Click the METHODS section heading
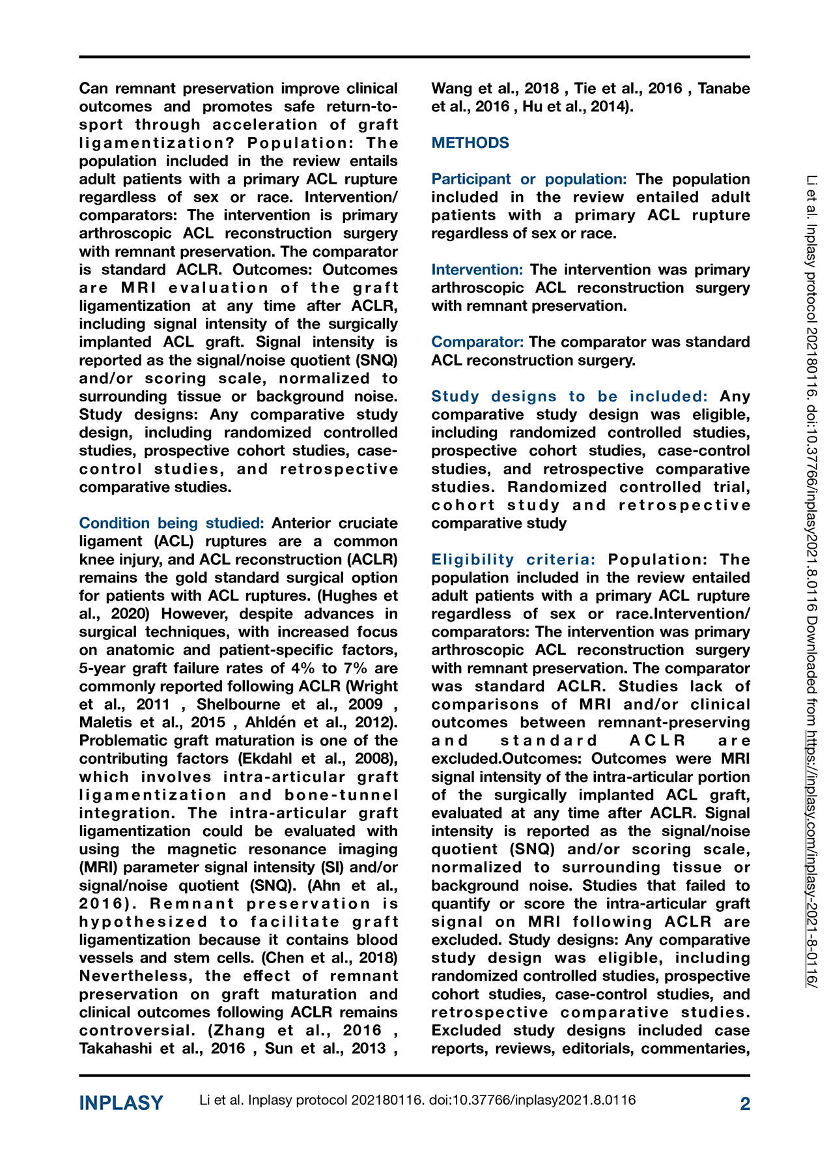(x=470, y=143)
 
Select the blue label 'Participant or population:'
(x=529, y=179)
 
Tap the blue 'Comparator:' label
(x=477, y=342)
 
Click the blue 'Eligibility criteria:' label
(x=513, y=560)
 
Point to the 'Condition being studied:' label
(x=171, y=523)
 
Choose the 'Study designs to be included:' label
(x=569, y=397)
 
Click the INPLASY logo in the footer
(x=121, y=1103)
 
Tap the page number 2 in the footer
(x=745, y=1103)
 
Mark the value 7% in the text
(x=351, y=668)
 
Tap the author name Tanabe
(x=724, y=89)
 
